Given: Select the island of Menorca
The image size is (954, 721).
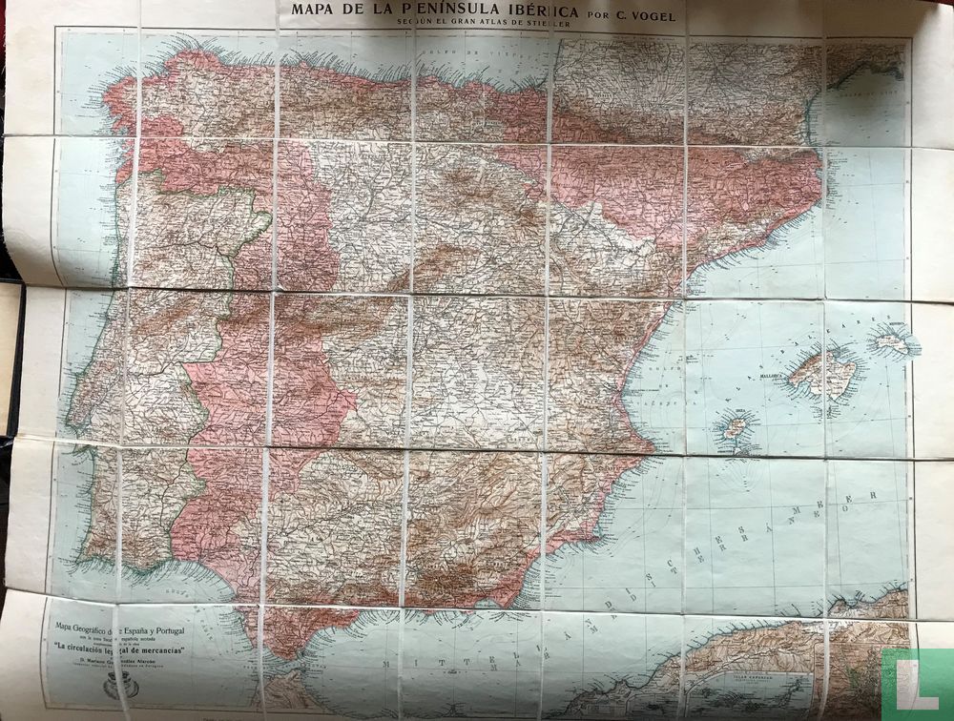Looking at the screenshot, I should click(893, 340).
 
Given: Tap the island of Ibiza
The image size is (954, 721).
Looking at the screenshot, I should click(736, 427).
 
